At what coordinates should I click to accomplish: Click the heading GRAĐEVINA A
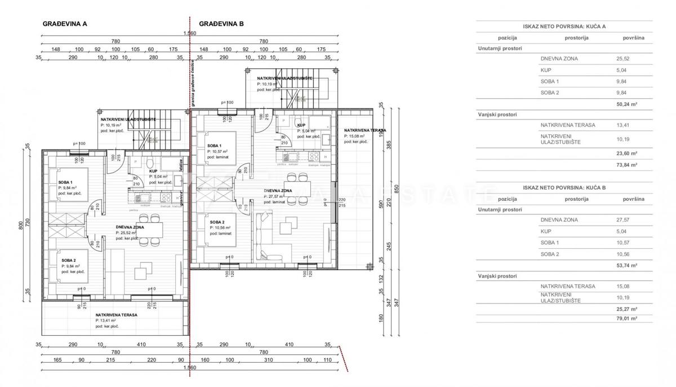(65, 24)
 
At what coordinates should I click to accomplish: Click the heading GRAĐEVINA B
(221, 24)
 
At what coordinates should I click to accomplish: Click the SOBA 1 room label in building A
(65, 182)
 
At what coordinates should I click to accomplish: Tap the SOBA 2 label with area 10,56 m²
(216, 222)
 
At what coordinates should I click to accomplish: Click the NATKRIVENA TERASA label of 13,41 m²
(117, 315)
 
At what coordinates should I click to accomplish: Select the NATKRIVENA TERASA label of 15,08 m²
(365, 130)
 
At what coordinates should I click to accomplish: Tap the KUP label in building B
(301, 125)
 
